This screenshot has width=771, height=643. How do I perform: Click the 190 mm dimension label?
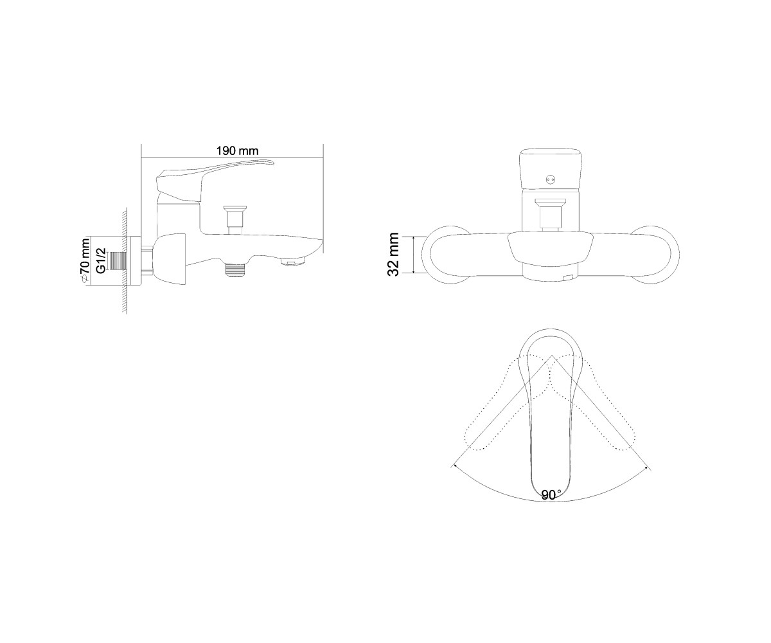click(237, 150)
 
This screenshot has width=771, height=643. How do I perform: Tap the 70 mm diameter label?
click(85, 261)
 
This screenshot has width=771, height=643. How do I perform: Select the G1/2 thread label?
click(101, 261)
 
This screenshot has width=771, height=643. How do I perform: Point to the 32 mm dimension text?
click(394, 255)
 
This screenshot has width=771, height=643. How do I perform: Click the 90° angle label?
click(551, 495)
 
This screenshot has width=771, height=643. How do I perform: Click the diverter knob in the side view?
click(235, 220)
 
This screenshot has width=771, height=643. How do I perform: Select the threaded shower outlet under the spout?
click(236, 269)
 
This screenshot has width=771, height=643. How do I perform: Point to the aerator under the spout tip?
click(293, 262)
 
